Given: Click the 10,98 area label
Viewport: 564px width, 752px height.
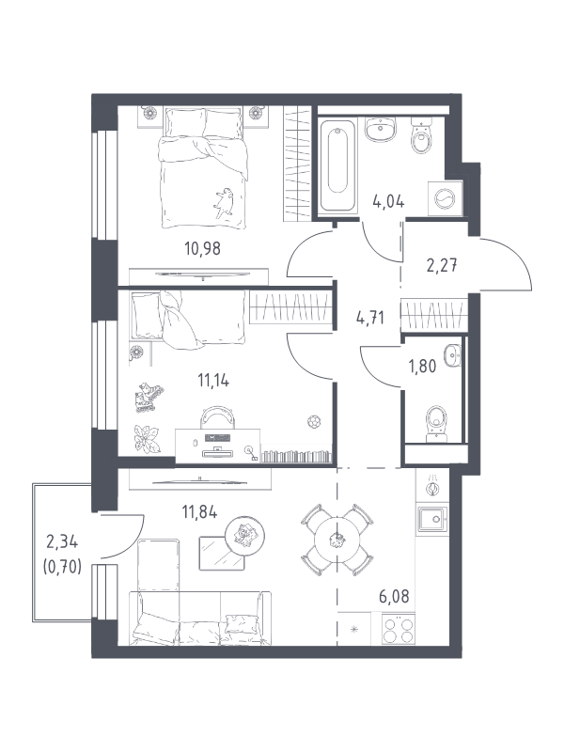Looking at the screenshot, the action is point(202,248).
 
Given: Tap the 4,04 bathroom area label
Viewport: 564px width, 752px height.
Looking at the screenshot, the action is point(388,201).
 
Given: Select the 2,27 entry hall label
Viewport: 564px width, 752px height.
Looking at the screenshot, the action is point(442,264).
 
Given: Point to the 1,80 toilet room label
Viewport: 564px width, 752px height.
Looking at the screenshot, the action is point(422,366).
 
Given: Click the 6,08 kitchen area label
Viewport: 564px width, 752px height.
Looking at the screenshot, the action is point(394,597).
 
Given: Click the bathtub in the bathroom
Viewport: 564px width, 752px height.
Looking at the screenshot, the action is point(338,165).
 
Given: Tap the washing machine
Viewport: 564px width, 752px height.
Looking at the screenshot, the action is point(446,197).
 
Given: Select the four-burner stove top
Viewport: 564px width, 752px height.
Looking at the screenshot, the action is point(399,628).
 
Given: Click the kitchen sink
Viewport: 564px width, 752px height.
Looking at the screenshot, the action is point(433,519).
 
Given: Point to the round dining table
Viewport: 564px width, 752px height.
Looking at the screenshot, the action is point(337,540).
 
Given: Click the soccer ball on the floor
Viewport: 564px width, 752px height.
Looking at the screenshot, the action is point(314,422).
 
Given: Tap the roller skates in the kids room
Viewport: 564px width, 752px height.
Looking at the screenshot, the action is point(149,398).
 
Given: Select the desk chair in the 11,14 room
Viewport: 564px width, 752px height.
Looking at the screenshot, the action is point(219,417).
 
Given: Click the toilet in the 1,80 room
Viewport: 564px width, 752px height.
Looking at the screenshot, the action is point(436,424).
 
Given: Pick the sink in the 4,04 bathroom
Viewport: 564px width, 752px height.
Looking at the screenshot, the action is point(381,130).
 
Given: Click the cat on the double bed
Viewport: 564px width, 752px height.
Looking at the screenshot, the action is point(224,202).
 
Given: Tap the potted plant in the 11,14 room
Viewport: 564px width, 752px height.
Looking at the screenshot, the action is point(147,437).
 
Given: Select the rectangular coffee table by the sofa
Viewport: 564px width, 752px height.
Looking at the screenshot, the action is point(221,553).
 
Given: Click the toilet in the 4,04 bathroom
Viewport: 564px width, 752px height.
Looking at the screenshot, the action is point(422,136).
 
